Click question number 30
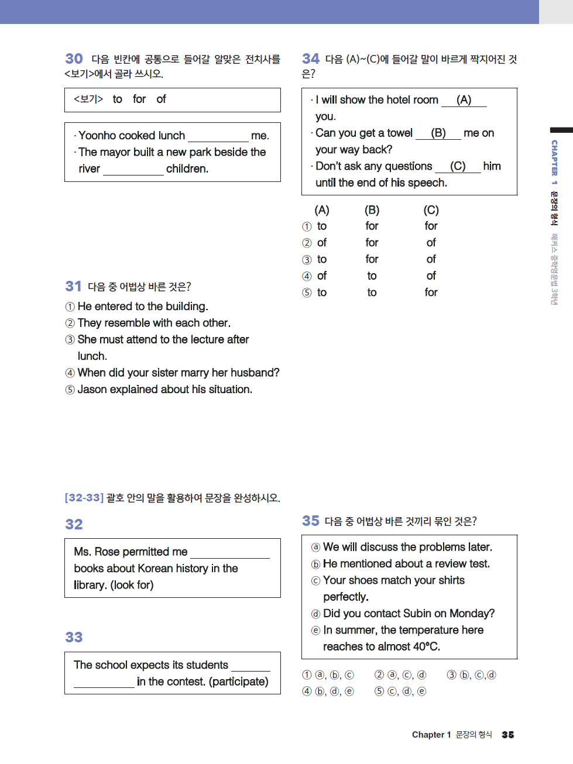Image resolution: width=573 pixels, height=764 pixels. coord(74,58)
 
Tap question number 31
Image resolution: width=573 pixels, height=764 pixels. coord(73,286)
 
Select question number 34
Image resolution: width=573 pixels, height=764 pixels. coord(310,58)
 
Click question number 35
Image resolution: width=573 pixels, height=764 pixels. coord(310,521)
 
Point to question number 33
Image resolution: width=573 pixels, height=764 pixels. coord(74,637)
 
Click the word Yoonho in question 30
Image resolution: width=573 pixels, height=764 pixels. coord(97,136)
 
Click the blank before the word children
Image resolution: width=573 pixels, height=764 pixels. coord(133,170)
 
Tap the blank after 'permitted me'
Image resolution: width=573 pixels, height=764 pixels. coord(229,553)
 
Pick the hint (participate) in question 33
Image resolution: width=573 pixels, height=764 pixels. coord(239,682)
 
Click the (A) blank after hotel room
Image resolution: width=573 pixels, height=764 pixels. coord(464,100)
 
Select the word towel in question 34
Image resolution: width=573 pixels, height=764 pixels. coord(400,133)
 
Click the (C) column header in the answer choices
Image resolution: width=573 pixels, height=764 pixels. coord(431,210)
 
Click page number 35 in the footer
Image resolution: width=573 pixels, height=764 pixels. coord(507,735)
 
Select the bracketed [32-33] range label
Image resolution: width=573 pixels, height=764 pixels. coord(84,498)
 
